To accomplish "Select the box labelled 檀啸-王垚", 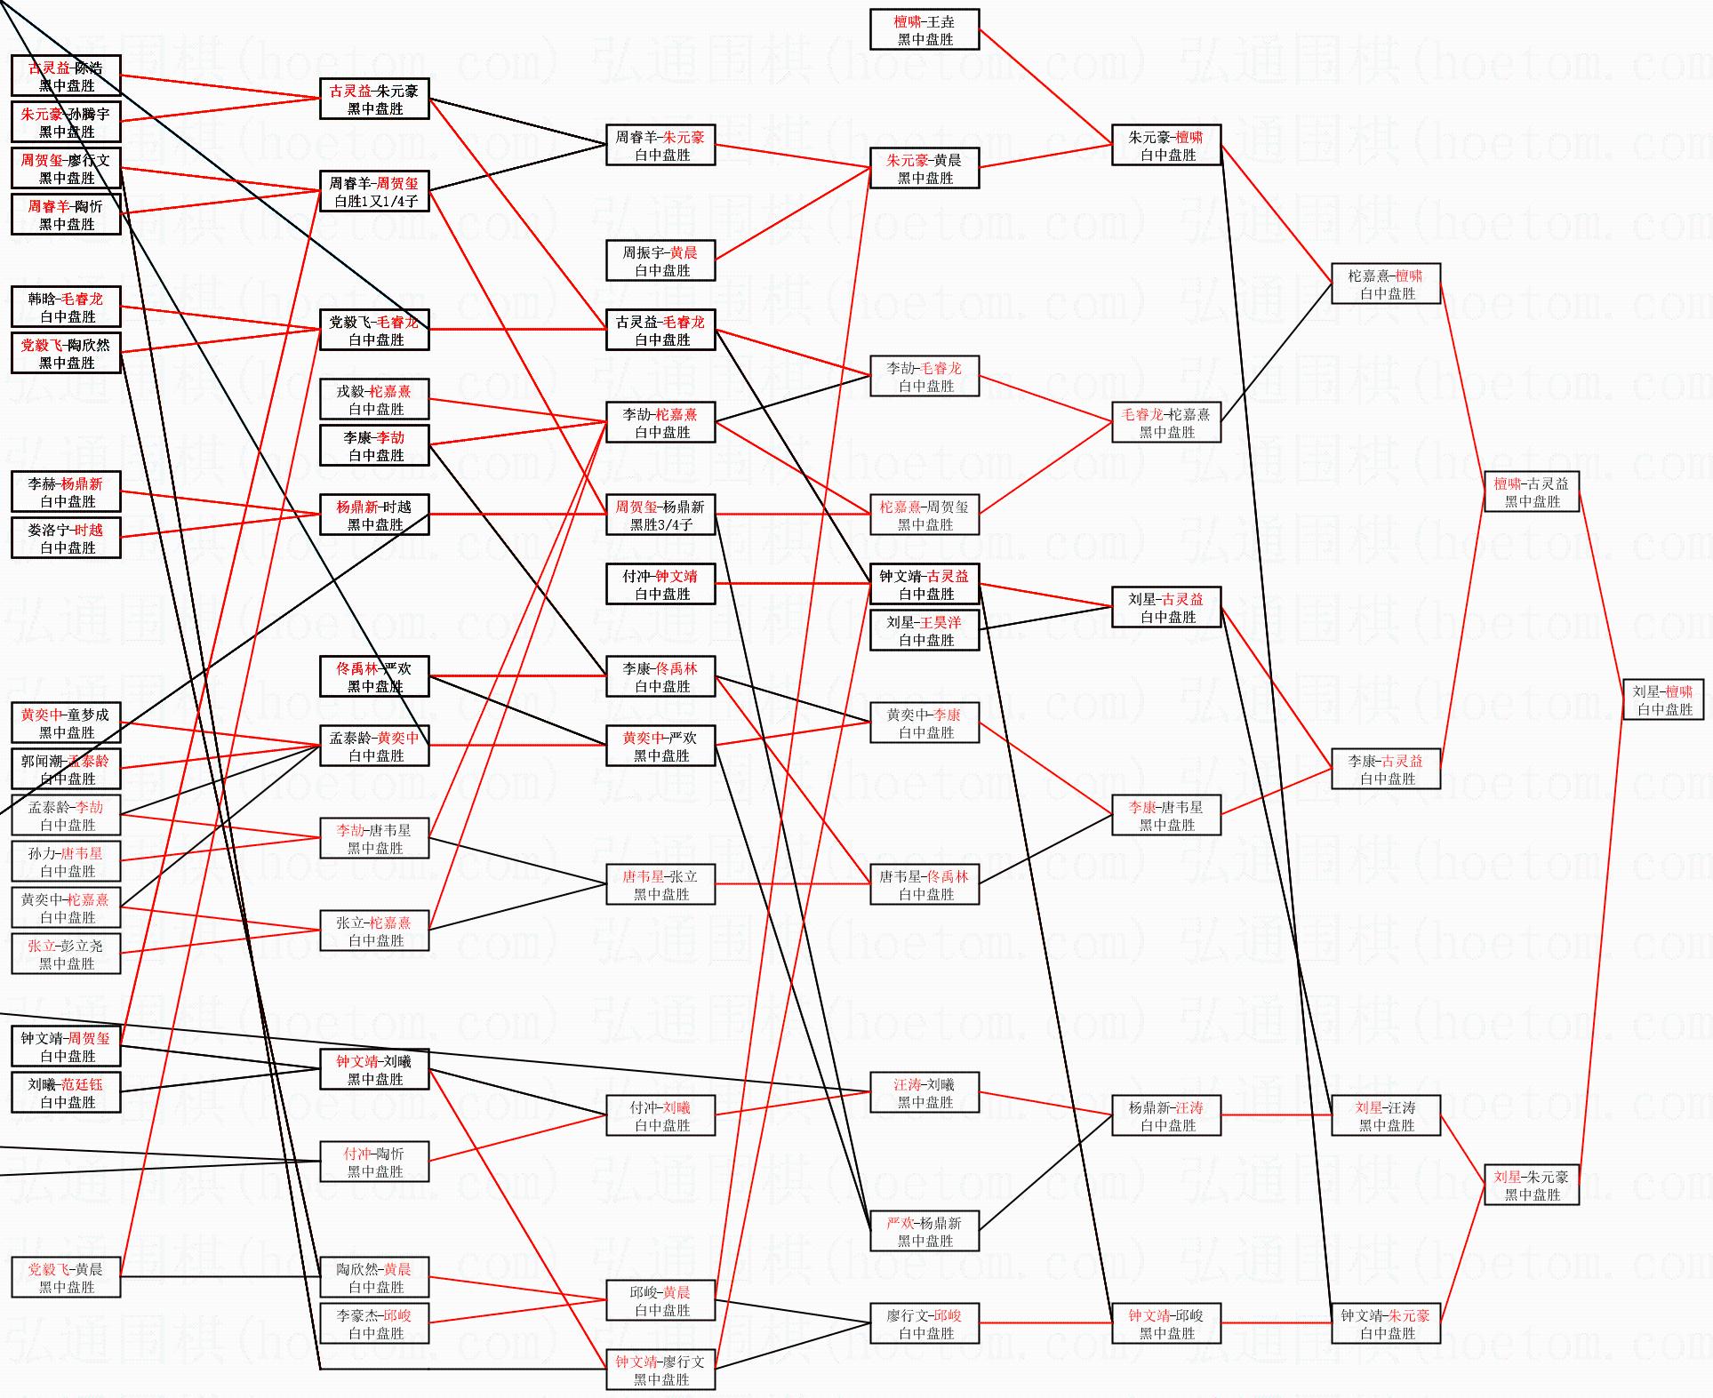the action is tap(925, 30).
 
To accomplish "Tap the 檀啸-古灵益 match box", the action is tap(1532, 492).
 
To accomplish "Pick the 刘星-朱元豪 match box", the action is tap(1532, 1186).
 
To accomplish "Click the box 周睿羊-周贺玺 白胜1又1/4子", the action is tap(374, 192).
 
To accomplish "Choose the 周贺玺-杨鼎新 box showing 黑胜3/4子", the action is tap(660, 515).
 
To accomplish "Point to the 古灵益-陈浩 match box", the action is tap(66, 76).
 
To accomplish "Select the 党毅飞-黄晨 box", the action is tap(66, 1278).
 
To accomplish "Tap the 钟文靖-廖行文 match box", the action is tap(660, 1370).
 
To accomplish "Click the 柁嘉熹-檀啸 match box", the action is tap(1385, 284).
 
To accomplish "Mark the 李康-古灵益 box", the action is tap(1385, 770).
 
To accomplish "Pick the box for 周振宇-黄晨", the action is tap(660, 261).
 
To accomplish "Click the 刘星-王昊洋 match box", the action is tap(925, 631).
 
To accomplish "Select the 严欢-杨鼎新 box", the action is tap(925, 1232).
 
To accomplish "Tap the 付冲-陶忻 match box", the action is tap(374, 1162).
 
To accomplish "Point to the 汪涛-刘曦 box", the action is tap(925, 1093).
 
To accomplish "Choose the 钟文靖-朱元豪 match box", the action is tap(1385, 1324).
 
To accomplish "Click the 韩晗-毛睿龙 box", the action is tap(66, 308).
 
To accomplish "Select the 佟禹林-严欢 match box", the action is tap(374, 677).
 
